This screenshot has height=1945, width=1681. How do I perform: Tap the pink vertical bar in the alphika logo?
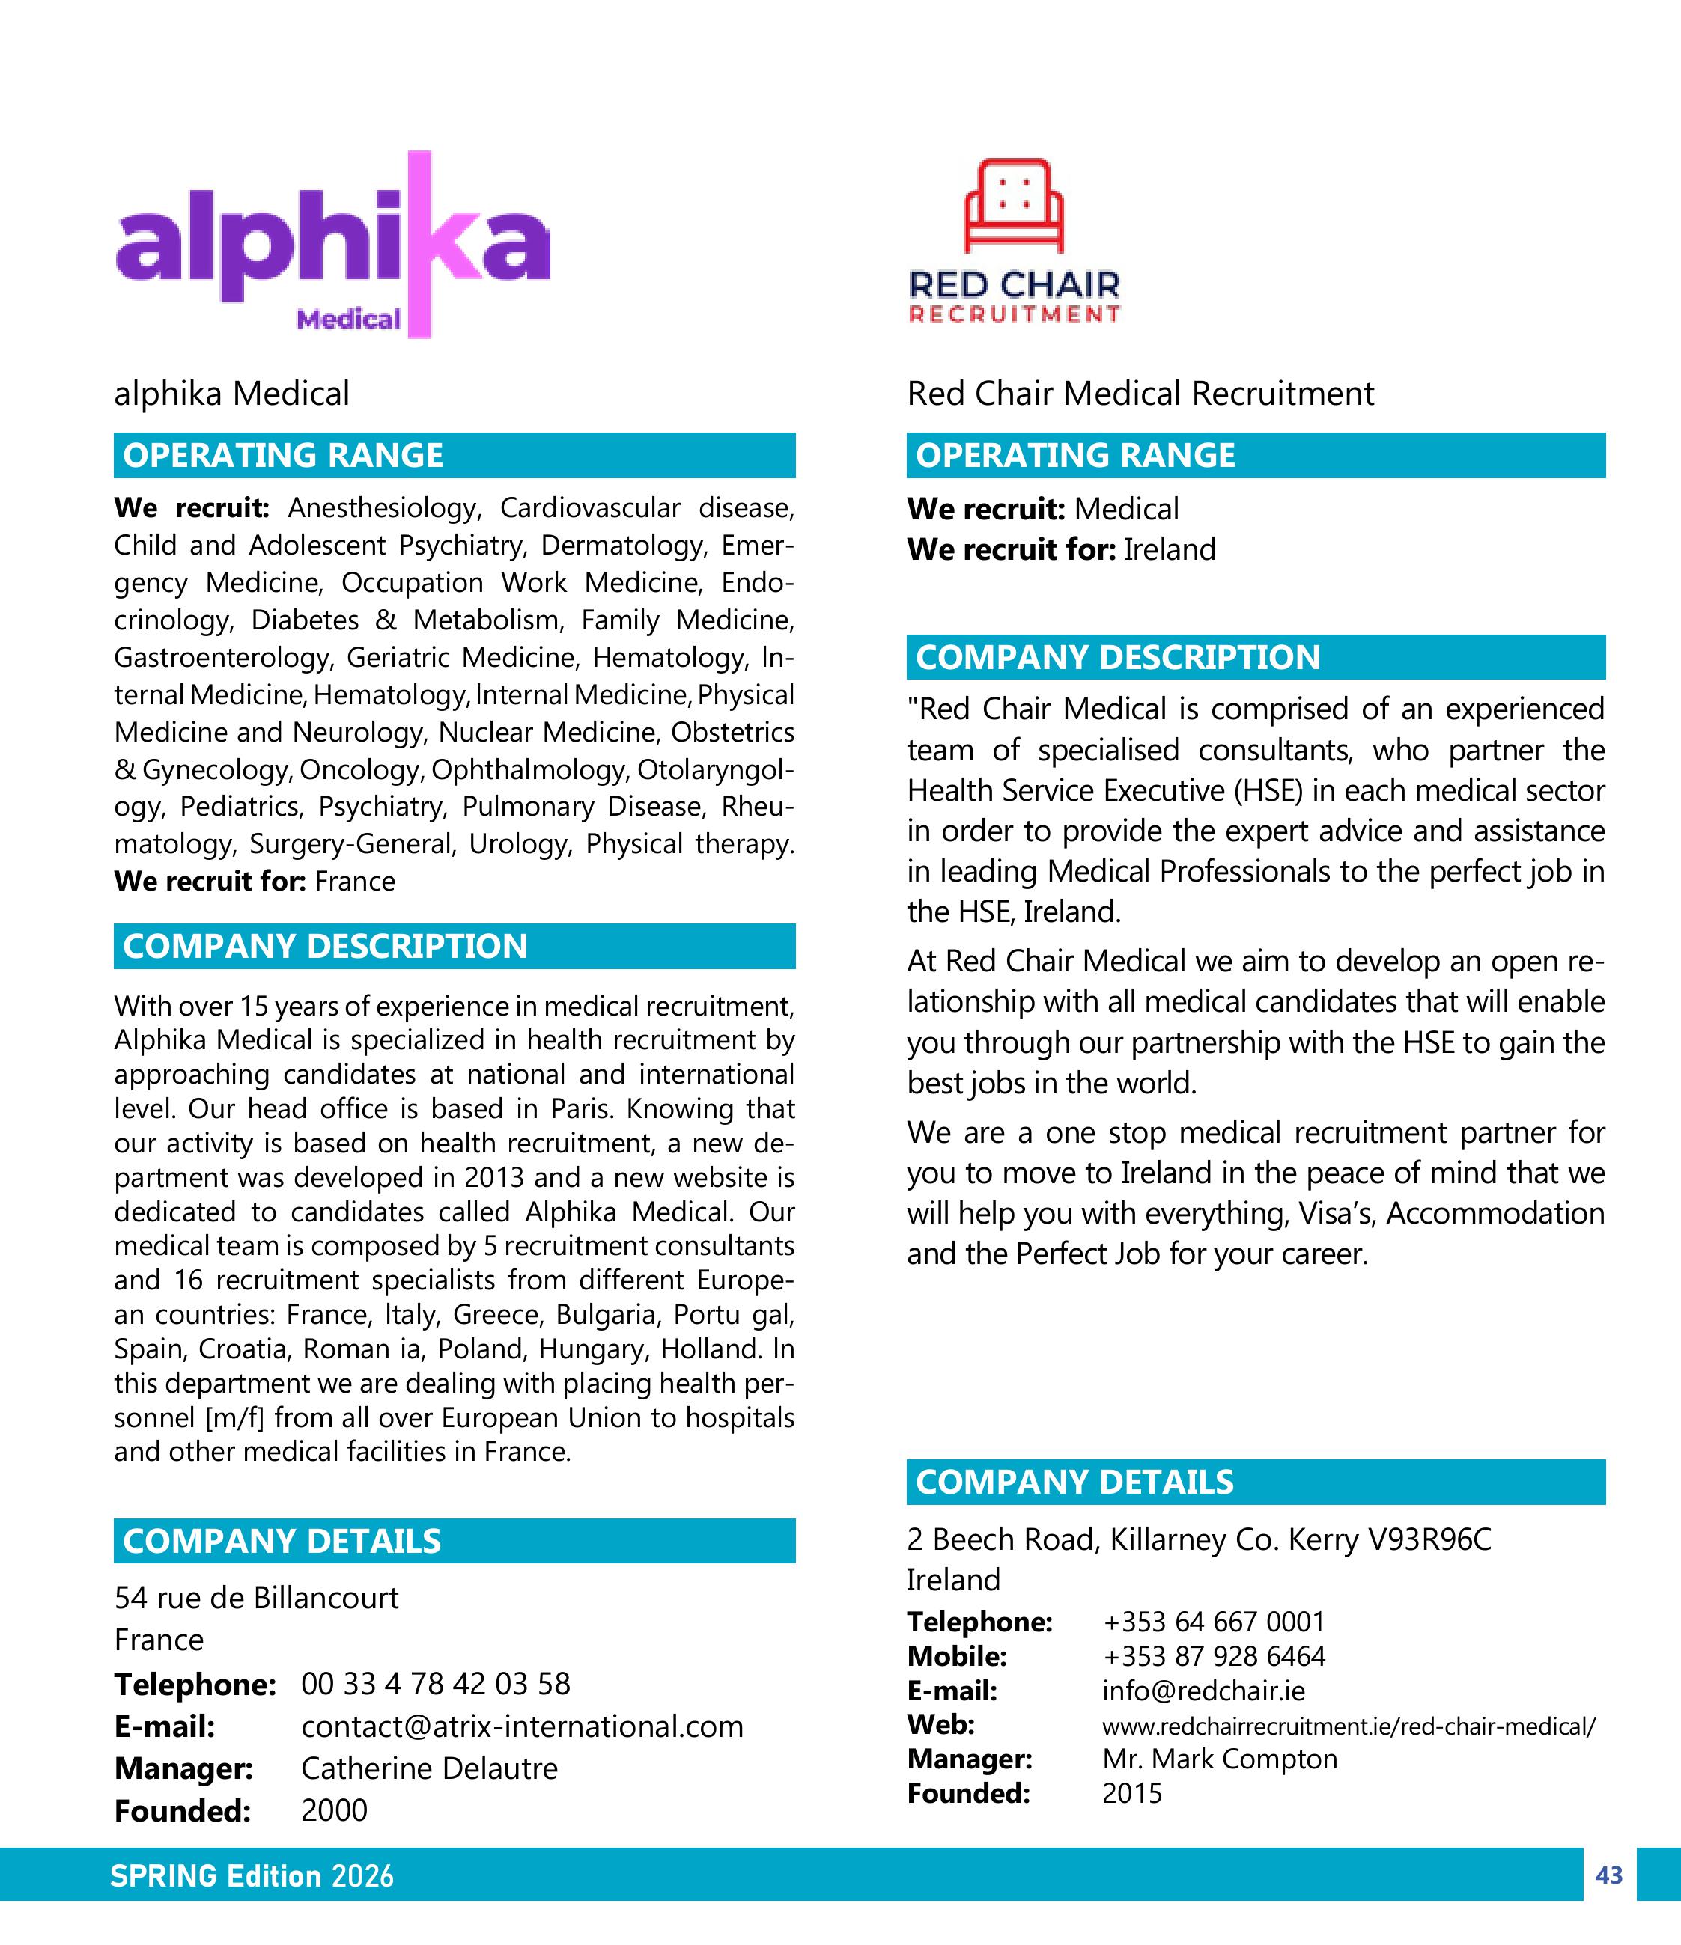point(420,244)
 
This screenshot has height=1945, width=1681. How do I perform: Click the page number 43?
point(1608,1875)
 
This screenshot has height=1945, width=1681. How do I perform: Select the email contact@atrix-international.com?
point(521,1726)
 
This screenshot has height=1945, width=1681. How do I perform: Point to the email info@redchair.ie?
point(1203,1691)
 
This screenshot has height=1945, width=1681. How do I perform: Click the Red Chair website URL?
point(1348,1725)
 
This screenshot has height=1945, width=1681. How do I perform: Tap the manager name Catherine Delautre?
point(429,1768)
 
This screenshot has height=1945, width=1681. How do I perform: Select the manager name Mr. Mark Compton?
point(1219,1758)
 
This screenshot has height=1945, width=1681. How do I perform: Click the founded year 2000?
point(334,1810)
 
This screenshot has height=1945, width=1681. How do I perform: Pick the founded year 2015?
point(1131,1793)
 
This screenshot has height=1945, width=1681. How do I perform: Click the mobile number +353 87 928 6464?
point(1213,1656)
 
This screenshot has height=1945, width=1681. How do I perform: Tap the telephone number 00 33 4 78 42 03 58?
point(435,1683)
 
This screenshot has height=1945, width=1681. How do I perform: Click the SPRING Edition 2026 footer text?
point(252,1875)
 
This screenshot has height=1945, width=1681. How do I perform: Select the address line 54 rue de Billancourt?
point(256,1597)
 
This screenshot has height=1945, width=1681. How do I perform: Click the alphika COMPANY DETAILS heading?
point(282,1542)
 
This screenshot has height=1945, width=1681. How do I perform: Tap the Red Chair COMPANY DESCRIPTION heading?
point(1117,657)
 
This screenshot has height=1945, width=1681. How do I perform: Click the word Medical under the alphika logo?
point(348,320)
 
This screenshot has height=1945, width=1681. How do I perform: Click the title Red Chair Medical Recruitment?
point(1140,394)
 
